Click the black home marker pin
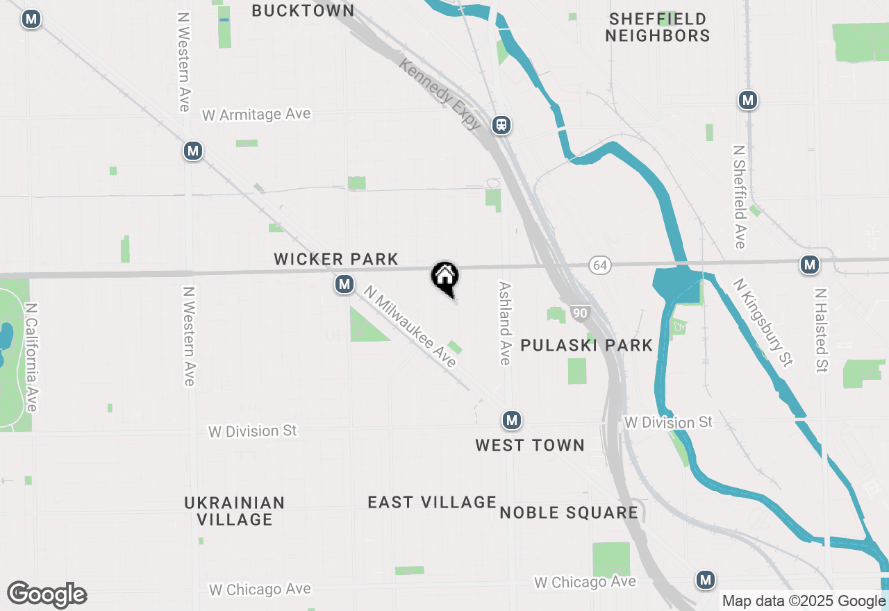point(445,277)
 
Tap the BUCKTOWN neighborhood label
point(303,10)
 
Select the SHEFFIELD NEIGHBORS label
point(657,27)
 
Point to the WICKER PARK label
point(336,259)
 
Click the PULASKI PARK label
point(587,345)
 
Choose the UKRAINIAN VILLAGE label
point(235,510)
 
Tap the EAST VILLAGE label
point(432,502)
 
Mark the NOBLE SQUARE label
point(569,512)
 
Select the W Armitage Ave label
point(256,114)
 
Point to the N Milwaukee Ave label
point(410,327)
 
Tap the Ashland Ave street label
point(505,323)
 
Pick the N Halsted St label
point(822,330)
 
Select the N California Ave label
point(31,356)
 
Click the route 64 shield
point(600,265)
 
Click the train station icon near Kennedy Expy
point(501,125)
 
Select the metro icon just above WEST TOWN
point(512,420)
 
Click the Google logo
point(47,594)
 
